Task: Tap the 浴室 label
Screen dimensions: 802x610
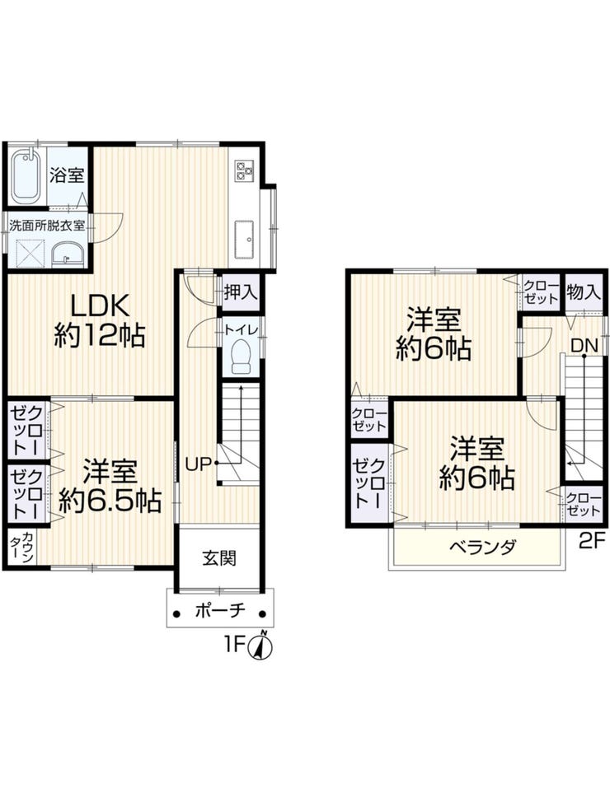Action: pyautogui.click(x=67, y=175)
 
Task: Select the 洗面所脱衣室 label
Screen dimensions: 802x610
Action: pyautogui.click(x=47, y=224)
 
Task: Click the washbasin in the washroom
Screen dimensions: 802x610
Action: pyautogui.click(x=67, y=254)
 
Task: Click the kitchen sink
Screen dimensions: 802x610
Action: pyautogui.click(x=246, y=236)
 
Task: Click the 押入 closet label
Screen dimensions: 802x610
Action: pyautogui.click(x=242, y=290)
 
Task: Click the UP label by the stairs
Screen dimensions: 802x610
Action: pyautogui.click(x=199, y=464)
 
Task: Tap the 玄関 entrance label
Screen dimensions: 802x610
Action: pyautogui.click(x=219, y=557)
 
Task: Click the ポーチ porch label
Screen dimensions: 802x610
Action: pyautogui.click(x=219, y=611)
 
